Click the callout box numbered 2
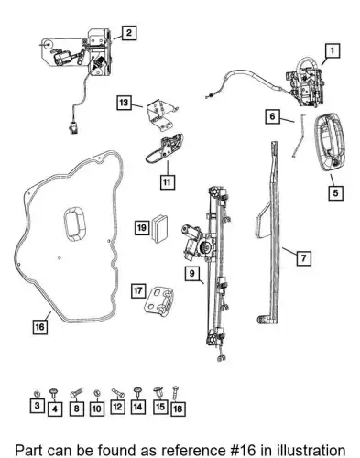point(129,33)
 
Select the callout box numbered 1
point(333,50)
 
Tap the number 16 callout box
point(40,327)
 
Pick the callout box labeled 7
point(303,258)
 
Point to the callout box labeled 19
point(142,227)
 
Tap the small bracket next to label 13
point(161,114)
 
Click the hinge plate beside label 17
point(158,301)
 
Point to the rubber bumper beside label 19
point(159,228)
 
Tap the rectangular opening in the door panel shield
point(74,223)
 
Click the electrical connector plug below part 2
point(73,127)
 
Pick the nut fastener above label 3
point(37,392)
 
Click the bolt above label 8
point(76,392)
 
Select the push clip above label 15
point(158,392)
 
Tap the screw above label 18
point(175,393)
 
